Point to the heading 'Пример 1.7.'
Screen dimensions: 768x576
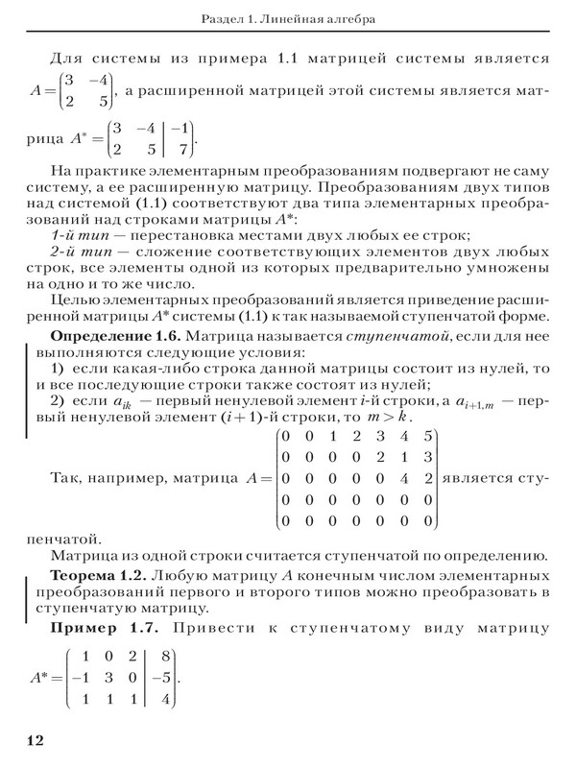103,632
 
